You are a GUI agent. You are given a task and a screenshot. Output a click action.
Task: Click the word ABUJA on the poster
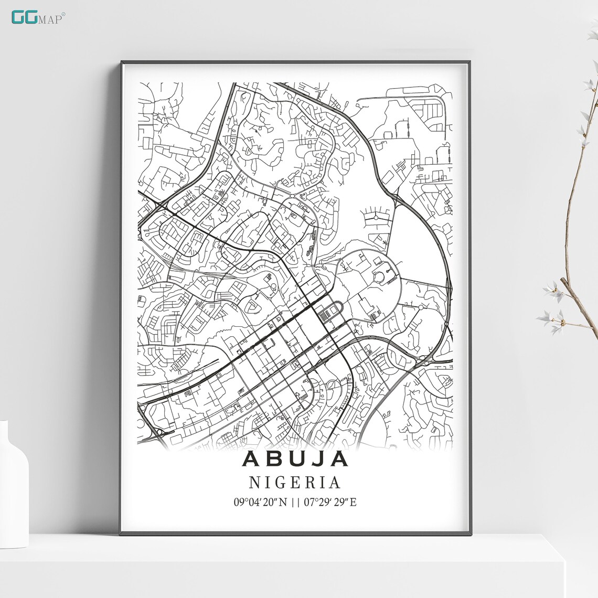pos(295,458)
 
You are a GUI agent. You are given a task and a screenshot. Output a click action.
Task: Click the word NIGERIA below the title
pos(295,482)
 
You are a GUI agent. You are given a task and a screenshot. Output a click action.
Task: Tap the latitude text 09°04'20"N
pos(260,502)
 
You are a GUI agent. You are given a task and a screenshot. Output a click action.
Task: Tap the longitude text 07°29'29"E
pos(330,502)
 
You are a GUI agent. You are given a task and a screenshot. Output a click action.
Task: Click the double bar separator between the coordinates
pos(295,502)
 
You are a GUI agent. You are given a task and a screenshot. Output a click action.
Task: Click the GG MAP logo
pos(37,17)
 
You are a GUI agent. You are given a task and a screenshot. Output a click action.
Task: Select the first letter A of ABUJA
pos(251,458)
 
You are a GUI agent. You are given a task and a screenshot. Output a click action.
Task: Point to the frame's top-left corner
pos(122,62)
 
